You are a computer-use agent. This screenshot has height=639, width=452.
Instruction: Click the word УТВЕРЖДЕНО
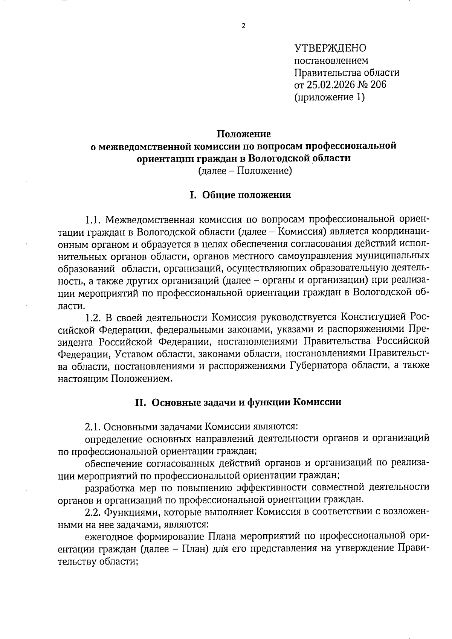330,48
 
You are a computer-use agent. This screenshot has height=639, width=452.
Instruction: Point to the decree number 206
379,85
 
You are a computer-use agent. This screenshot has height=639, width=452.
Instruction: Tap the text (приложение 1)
329,97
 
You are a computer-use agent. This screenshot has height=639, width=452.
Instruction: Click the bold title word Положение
243,134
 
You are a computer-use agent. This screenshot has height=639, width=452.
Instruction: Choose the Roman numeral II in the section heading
140,403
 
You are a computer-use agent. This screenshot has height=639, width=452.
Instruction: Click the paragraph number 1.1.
92,220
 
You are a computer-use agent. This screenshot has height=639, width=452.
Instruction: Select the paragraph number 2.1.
92,427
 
